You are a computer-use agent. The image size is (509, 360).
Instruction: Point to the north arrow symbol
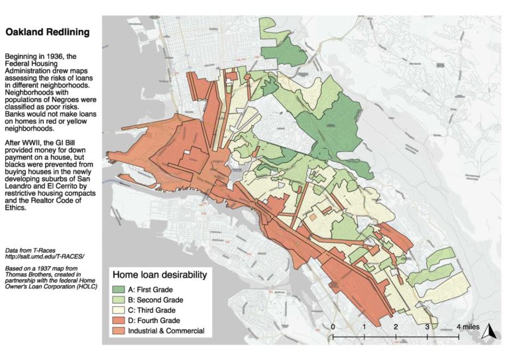click(x=488, y=332)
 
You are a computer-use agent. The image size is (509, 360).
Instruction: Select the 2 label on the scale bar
click(x=396, y=327)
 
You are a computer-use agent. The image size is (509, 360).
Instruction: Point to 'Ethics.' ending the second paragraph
click(x=15, y=208)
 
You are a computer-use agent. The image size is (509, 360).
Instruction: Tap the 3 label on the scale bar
click(x=427, y=327)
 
